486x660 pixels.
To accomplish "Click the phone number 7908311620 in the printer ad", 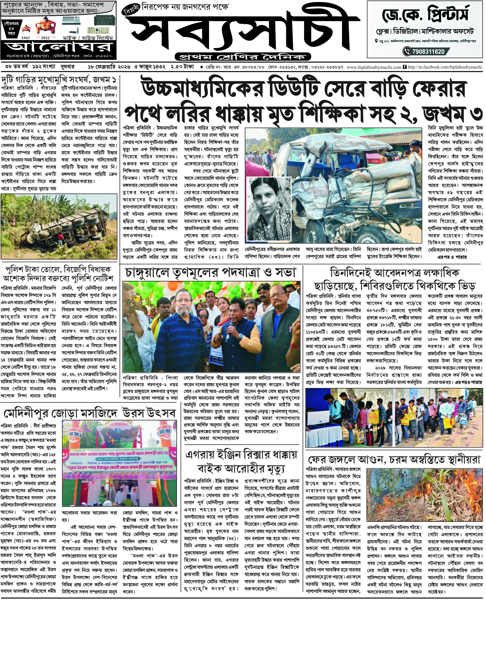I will (428, 52).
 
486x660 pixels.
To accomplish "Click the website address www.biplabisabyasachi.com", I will (374, 67).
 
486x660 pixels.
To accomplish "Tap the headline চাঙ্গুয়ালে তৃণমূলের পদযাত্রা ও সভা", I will (210, 273).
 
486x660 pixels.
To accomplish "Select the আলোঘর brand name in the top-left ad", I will (59, 47).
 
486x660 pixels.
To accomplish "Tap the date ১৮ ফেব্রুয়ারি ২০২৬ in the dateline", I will (109, 67).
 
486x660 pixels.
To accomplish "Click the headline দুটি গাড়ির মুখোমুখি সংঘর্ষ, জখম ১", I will (59, 80).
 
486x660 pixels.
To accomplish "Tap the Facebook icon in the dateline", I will (404, 67).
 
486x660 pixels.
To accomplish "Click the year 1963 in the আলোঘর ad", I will (25, 38).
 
